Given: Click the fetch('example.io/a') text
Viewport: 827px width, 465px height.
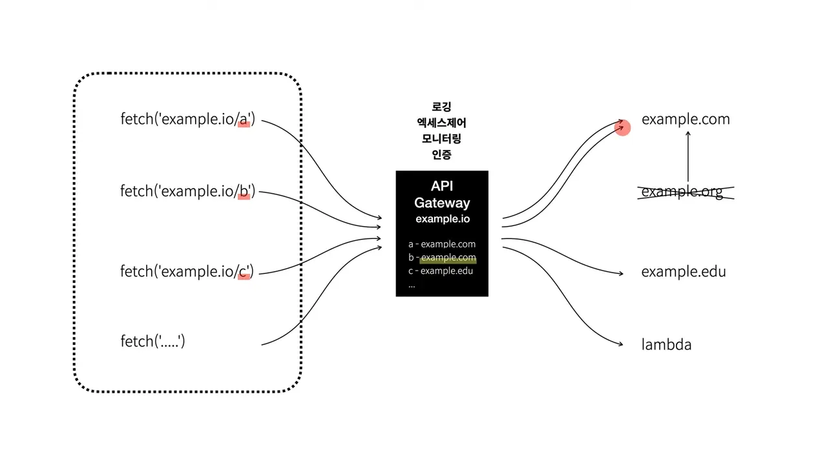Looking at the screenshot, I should [x=187, y=119].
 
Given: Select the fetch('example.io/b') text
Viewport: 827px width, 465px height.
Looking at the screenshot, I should [x=187, y=191].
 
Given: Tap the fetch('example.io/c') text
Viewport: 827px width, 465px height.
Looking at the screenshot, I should [x=187, y=271].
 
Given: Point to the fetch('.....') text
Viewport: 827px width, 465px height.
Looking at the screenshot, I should [x=152, y=341].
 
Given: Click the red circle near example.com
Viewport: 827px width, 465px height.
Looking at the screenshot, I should [x=622, y=128].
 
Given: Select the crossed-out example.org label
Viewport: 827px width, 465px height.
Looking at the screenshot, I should [x=682, y=192].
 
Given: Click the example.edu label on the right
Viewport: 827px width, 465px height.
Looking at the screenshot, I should [x=684, y=272].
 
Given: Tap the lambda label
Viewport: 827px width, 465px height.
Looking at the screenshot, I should [x=666, y=345].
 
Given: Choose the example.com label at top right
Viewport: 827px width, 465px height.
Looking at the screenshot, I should [x=686, y=119].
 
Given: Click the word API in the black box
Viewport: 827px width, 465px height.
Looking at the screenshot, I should [x=442, y=186].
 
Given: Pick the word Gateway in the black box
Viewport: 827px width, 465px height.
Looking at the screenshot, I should [x=442, y=203].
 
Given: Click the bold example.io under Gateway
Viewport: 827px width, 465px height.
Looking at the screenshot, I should [x=443, y=219].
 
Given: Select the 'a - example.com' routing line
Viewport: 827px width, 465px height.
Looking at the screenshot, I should [x=442, y=244].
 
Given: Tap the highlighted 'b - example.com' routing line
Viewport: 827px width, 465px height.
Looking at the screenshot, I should [x=442, y=258].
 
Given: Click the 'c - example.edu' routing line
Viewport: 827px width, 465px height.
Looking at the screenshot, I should [x=441, y=271].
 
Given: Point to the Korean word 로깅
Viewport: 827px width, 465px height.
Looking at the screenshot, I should [x=442, y=107].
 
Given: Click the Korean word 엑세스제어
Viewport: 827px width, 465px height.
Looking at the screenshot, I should [x=442, y=123].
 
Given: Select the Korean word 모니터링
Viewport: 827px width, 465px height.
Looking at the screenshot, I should [x=442, y=138].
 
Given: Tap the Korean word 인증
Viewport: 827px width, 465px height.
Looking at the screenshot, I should [x=442, y=154].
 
